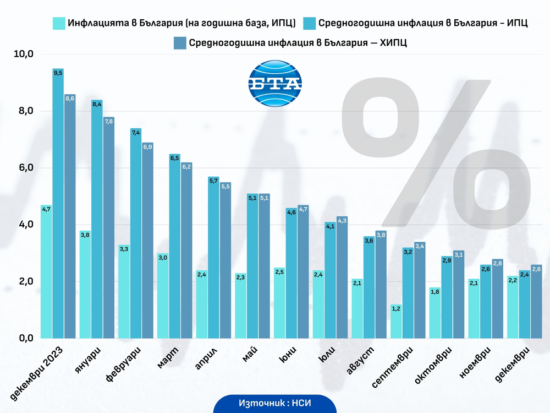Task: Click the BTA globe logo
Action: pyautogui.click(x=275, y=83)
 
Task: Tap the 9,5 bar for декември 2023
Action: pyautogui.click(x=58, y=203)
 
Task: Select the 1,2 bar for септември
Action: pyautogui.click(x=396, y=322)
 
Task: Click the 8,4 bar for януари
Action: pyautogui.click(x=97, y=219)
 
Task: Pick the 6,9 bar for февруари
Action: pyautogui.click(x=147, y=241)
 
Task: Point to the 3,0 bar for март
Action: pyautogui.click(x=163, y=296)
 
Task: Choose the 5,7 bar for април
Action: pyautogui.click(x=213, y=257)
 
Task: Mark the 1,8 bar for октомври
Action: pyautogui.click(x=435, y=313)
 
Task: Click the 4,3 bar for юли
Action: pyautogui.click(x=342, y=278)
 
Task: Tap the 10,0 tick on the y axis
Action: pyautogui.click(x=24, y=54)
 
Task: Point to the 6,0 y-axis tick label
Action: pyautogui.click(x=26, y=167)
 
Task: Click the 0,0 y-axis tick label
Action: pyautogui.click(x=26, y=338)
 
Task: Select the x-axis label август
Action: pyautogui.click(x=361, y=360)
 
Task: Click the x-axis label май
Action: pyautogui.click(x=250, y=354)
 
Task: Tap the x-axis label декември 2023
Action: pyautogui.click(x=36, y=373)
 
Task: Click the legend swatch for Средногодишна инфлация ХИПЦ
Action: pyautogui.click(x=180, y=43)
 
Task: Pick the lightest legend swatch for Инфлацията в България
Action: pyautogui.click(x=59, y=23)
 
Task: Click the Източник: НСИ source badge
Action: pyautogui.click(x=275, y=403)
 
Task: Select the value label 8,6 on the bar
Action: pyautogui.click(x=70, y=99)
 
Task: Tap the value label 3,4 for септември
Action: pyautogui.click(x=420, y=246)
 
